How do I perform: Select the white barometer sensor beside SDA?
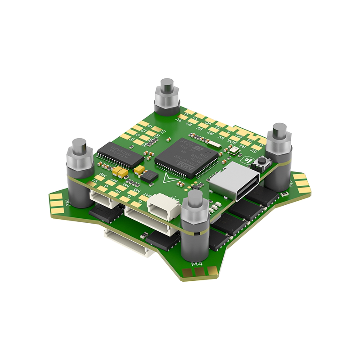pyautogui.click(x=233, y=151)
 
